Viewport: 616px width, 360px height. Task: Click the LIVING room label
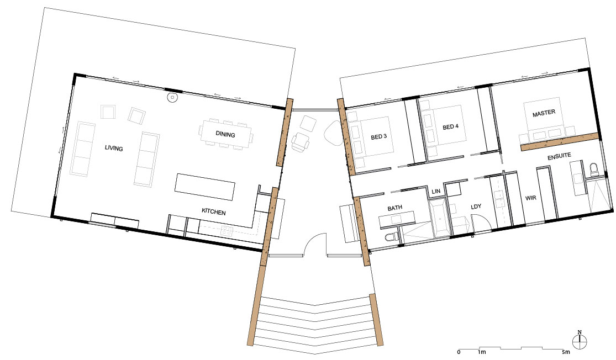(114, 148)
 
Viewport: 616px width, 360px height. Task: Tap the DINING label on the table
(225, 135)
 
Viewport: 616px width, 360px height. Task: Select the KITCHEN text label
(214, 212)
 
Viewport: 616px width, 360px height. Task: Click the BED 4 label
(451, 127)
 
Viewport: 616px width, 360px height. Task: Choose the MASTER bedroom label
(544, 114)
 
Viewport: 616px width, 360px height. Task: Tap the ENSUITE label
(559, 157)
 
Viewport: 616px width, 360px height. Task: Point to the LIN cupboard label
(436, 191)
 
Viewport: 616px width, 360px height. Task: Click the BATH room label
(394, 208)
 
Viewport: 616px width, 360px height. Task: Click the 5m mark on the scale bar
(565, 352)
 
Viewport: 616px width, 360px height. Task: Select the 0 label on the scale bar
(459, 352)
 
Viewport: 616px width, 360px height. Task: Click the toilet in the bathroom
(392, 237)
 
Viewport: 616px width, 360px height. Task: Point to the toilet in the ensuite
(594, 170)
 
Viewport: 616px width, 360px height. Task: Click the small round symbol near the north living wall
(172, 98)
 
